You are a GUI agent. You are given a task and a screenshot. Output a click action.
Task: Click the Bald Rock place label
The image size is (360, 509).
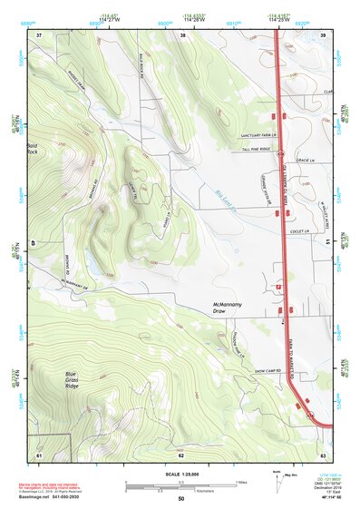click(34, 149)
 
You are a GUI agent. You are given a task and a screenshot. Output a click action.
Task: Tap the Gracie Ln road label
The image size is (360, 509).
click(316, 162)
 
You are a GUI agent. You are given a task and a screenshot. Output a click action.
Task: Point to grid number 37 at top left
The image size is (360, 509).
click(39, 34)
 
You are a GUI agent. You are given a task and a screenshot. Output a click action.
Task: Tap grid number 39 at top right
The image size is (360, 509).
click(323, 34)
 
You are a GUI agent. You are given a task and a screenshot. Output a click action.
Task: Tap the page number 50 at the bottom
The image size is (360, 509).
click(180, 498)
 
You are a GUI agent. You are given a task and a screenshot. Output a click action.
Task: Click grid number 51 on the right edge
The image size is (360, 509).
click(326, 243)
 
